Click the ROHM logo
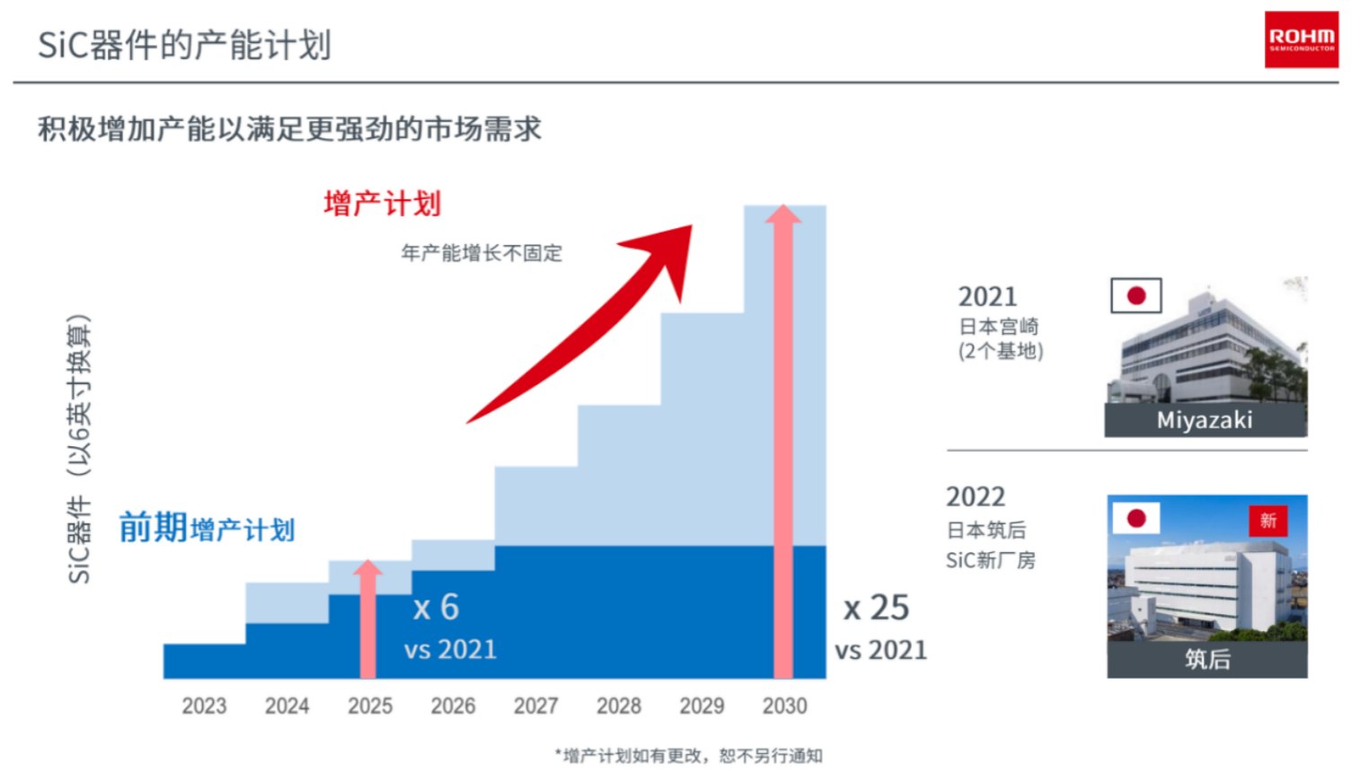[x=1301, y=39]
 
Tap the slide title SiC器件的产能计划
[x=185, y=45]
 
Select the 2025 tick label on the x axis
[x=370, y=706]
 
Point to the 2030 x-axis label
[x=784, y=706]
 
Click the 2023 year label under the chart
[x=204, y=706]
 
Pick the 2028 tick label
[x=619, y=706]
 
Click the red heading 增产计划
[x=383, y=204]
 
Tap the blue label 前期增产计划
[x=207, y=528]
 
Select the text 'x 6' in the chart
[x=436, y=608]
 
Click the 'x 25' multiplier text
[x=876, y=608]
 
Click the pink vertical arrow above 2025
[x=367, y=619]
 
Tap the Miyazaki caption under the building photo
[x=1205, y=420]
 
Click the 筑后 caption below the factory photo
[x=1206, y=659]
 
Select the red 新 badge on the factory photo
[x=1267, y=521]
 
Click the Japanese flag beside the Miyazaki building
[x=1135, y=295]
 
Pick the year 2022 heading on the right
[x=976, y=496]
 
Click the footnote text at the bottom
[x=688, y=756]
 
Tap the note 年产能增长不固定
[x=481, y=253]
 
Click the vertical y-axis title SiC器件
[x=80, y=449]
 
